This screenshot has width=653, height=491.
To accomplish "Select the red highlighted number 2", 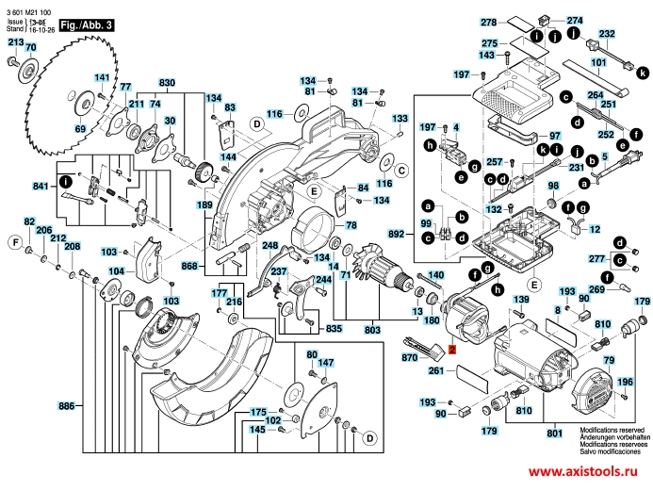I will pyautogui.click(x=452, y=349).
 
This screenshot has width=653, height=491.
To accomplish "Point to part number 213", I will pyautogui.click(x=16, y=43).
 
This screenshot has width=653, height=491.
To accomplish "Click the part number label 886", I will pyautogui.click(x=66, y=406).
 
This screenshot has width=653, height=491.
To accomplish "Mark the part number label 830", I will pyautogui.click(x=167, y=83).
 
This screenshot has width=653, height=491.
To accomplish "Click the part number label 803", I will pyautogui.click(x=371, y=329).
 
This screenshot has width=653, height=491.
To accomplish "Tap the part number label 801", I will pyautogui.click(x=554, y=433).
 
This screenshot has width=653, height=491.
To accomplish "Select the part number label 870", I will pyautogui.click(x=409, y=358).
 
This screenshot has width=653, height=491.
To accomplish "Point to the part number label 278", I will pyautogui.click(x=488, y=21).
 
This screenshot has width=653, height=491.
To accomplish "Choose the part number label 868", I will pyautogui.click(x=191, y=267).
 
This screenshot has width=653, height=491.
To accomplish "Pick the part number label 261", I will pyautogui.click(x=435, y=372).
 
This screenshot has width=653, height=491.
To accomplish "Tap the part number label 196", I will pyautogui.click(x=625, y=382).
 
